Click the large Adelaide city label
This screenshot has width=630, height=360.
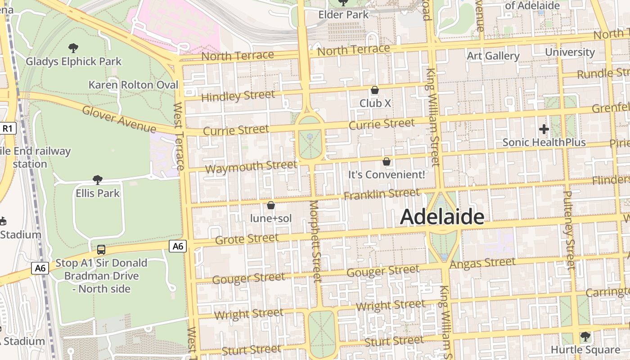[442, 217]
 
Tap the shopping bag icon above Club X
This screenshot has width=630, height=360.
[374, 90]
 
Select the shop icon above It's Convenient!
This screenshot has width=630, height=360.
[386, 161]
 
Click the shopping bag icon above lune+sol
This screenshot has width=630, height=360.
[271, 206]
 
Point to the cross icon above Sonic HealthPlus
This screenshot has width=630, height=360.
[544, 129]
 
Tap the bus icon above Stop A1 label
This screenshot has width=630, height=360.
[101, 249]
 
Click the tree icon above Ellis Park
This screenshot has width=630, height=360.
[97, 180]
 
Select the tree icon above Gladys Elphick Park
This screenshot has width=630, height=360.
[73, 48]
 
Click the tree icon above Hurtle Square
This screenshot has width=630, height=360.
[585, 336]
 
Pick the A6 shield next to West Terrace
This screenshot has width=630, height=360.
[178, 246]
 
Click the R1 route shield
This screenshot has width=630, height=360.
[7, 129]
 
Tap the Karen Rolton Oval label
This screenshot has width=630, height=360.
[133, 85]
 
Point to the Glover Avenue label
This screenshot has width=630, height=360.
[119, 119]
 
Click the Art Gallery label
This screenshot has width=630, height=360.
[493, 56]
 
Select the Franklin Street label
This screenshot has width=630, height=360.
[382, 194]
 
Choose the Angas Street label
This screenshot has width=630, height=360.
[482, 263]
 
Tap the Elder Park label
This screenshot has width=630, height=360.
[343, 14]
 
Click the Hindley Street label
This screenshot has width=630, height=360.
[238, 96]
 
